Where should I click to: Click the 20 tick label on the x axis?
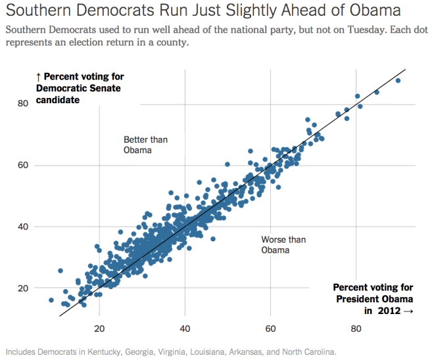click(x=99, y=328)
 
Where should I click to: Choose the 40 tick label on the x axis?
click(x=185, y=328)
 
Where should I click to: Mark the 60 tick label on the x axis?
click(x=270, y=328)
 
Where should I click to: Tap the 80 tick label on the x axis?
click(x=356, y=328)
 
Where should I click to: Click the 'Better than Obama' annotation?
click(x=138, y=145)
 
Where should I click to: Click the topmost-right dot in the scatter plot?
click(x=398, y=80)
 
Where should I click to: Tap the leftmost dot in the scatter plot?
click(x=51, y=300)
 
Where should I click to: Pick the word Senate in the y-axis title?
click(x=107, y=89)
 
